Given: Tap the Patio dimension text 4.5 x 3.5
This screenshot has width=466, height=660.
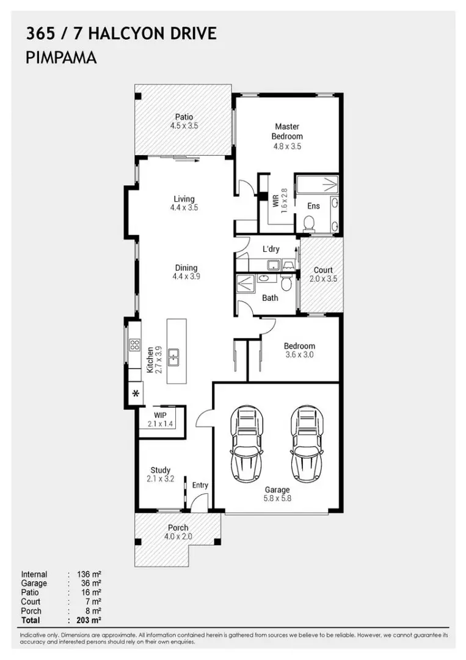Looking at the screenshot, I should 184,126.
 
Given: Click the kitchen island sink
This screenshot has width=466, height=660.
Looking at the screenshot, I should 174,356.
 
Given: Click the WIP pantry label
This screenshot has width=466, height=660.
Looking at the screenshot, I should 160,415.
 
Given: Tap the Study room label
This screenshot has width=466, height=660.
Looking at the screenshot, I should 160,470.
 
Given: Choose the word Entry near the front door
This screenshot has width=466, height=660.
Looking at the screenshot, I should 200,485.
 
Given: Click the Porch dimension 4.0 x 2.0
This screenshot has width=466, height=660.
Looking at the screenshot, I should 178,537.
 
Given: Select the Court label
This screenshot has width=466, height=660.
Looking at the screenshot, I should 323,270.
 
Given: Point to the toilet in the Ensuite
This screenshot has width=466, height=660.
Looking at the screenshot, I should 309,226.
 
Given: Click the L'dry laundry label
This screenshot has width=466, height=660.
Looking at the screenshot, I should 271,249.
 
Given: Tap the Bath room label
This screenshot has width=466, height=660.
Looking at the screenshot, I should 270,298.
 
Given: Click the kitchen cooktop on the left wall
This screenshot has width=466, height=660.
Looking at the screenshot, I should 134,350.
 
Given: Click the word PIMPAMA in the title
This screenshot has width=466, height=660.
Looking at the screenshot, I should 62,58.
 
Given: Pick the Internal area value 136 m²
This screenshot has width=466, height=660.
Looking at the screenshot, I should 89,574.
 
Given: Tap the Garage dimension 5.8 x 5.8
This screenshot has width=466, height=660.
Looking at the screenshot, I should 277,499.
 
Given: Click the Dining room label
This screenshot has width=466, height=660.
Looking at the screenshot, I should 186,268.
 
